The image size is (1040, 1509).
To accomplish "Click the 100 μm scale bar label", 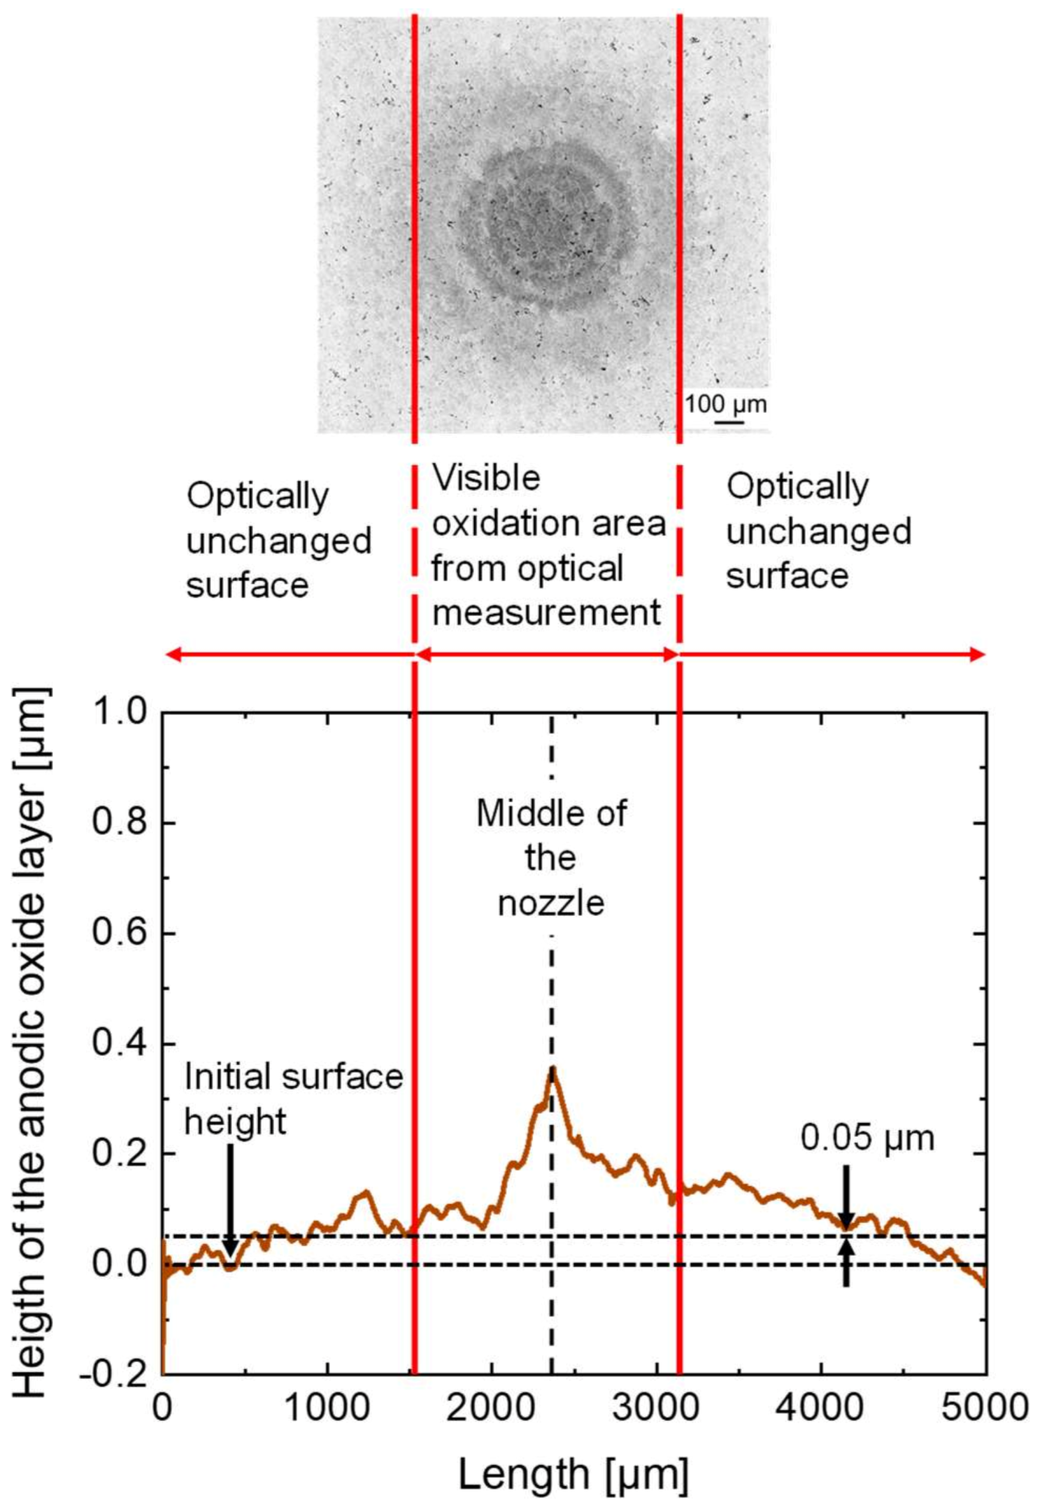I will coord(725,404).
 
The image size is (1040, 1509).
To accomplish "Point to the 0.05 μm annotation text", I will coord(866,1138).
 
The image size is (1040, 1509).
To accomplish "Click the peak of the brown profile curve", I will coord(553,1070).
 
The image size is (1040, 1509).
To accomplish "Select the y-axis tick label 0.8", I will coord(119,823).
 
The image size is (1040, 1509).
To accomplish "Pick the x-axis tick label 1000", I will coord(327,1407).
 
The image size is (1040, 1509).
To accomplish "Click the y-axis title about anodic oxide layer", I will coord(32,1042).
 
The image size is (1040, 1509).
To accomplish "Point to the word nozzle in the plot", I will coord(551,903).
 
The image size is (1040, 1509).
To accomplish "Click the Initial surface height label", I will coord(293,1099).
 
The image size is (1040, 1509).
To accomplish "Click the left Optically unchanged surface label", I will coord(278,540).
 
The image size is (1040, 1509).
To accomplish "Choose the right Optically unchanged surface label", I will coord(818,531).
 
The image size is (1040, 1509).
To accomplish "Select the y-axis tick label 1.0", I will coord(119,712).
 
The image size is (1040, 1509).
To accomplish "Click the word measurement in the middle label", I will coord(546,612).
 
